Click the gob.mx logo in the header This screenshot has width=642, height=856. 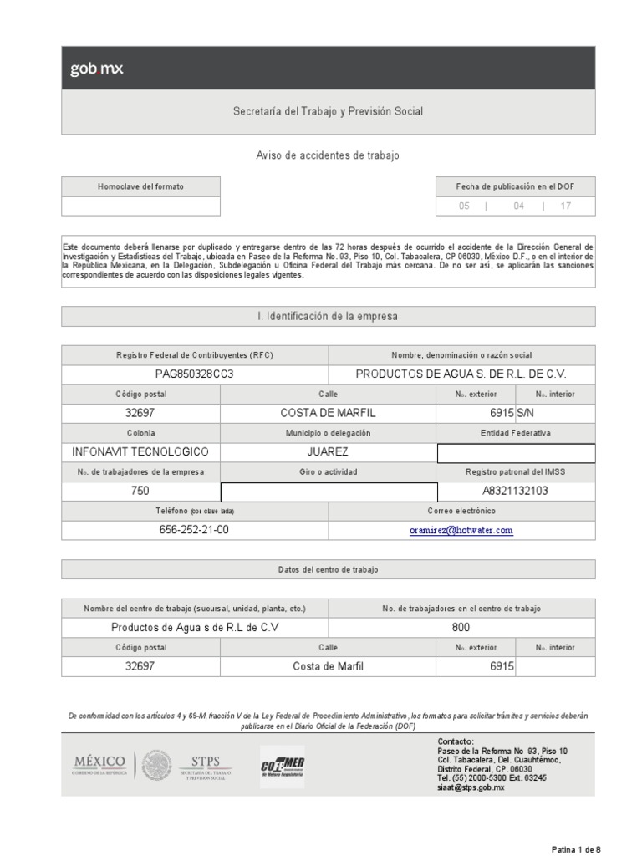pos(96,69)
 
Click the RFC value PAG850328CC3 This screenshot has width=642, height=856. pos(195,374)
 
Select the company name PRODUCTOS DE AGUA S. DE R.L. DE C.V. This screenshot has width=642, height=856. pos(461,374)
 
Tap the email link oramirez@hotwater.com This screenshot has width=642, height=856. pos(461,530)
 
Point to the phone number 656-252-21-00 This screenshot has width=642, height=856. pos(194,530)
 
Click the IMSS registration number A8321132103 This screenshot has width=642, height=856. pos(516,491)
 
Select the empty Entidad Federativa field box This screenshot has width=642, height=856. pos(516,452)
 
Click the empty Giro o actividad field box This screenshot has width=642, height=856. pos(329,492)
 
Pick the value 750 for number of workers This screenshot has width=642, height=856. pos(140,491)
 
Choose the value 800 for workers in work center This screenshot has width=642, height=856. pos(461,628)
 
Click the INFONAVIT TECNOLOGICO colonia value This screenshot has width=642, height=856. pos(140,452)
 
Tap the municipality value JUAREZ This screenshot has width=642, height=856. pos(329,452)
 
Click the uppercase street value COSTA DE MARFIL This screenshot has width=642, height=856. pos(329,413)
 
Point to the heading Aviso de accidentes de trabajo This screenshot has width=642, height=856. pos(328,155)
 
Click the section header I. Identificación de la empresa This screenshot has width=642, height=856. pos(328,316)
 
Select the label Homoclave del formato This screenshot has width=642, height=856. pos(140,186)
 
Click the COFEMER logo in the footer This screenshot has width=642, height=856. pos(283,767)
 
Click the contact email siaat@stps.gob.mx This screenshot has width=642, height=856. pos(471,787)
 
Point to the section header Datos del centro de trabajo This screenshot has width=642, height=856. pos(328,569)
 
